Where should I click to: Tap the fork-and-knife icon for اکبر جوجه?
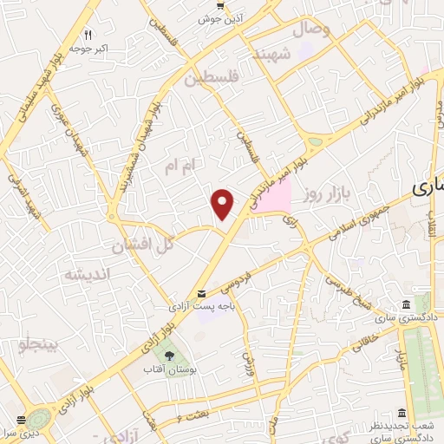coord(88,36)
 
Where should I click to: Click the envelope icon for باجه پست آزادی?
coord(202,295)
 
